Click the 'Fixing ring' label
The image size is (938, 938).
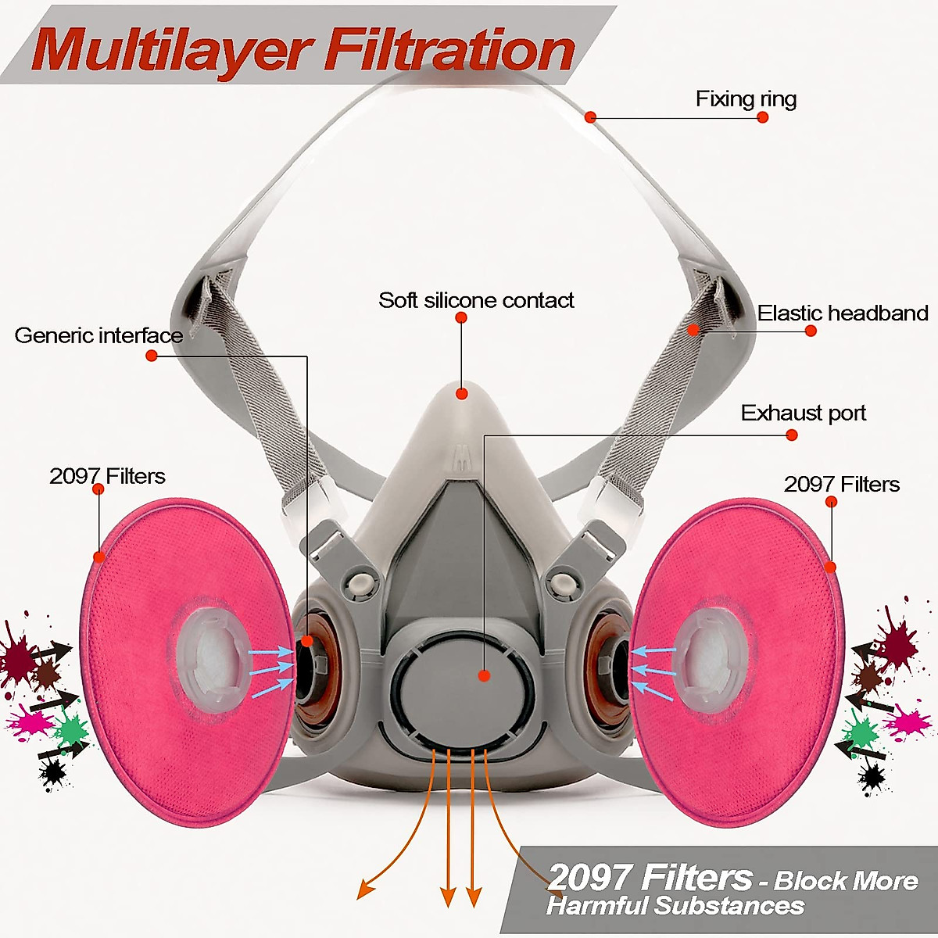tap(746, 99)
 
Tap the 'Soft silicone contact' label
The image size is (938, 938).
tap(476, 300)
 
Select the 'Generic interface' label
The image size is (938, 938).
tap(98, 336)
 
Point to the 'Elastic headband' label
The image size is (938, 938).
tap(843, 313)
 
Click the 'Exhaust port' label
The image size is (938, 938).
tap(804, 413)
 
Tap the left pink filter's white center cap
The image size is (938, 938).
tap(209, 655)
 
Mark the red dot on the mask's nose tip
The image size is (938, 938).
tap(462, 393)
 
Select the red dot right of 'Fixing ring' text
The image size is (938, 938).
tap(763, 117)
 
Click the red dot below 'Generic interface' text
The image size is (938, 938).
tap(152, 356)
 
